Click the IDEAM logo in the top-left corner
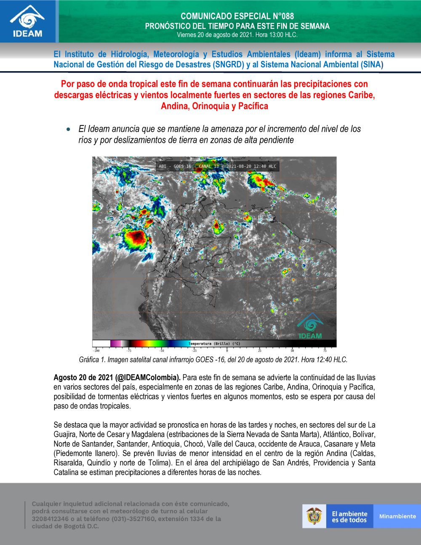coord(28,21)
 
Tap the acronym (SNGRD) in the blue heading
coord(229,64)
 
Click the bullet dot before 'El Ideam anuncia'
coord(69,129)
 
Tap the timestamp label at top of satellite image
coord(217,166)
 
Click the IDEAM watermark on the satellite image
coord(310,327)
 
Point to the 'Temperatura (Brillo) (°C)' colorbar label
coord(215,344)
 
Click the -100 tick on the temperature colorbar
coord(96,350)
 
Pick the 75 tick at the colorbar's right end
coord(325,350)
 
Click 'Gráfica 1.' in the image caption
coord(92,360)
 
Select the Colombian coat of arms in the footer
coord(314,516)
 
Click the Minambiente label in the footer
coord(397,516)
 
